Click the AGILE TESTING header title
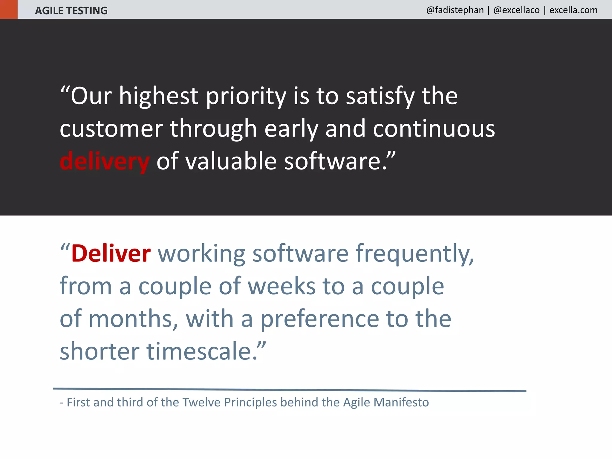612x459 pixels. [71, 11]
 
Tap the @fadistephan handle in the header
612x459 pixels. [455, 10]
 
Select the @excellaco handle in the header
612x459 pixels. [516, 10]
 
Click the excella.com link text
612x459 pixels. [573, 10]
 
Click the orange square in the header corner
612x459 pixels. [9, 9]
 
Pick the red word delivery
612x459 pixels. [105, 161]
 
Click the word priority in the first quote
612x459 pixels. [246, 96]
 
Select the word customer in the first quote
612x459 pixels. [111, 129]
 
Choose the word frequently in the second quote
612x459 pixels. [414, 254]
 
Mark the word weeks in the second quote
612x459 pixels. [281, 286]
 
